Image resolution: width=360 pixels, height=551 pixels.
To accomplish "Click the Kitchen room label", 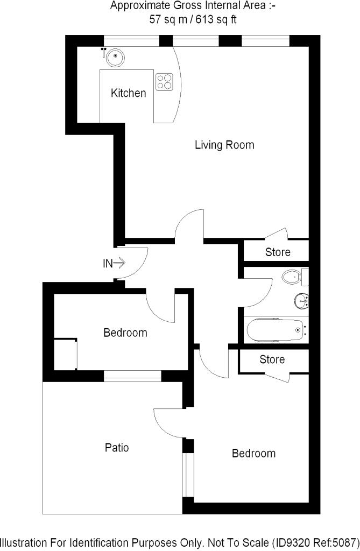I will pos(128,93).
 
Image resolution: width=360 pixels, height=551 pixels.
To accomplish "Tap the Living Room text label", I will pos(224,145).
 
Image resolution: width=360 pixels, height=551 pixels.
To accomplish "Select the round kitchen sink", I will pos(114,56).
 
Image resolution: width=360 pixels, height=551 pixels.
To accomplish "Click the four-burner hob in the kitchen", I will pos(165,81).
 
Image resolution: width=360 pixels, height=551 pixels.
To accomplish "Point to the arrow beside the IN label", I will pos(120,263).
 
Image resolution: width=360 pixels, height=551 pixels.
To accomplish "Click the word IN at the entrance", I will pos(108,264).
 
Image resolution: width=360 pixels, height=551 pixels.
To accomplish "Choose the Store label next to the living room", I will pos(278,252).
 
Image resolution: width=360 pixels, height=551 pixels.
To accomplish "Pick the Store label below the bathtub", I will pos(272,359).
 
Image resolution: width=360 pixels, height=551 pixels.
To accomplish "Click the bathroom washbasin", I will pos(301,299).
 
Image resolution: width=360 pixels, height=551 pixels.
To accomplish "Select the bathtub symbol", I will pos(275,329).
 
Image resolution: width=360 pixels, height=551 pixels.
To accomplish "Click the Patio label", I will pos(117,447).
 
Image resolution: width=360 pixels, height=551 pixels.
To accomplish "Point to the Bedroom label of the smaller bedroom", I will pos(125,333).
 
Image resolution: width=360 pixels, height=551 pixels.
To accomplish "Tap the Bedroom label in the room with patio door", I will pos(253,453).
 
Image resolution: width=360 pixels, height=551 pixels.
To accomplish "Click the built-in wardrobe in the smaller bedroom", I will pos(65,354).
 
